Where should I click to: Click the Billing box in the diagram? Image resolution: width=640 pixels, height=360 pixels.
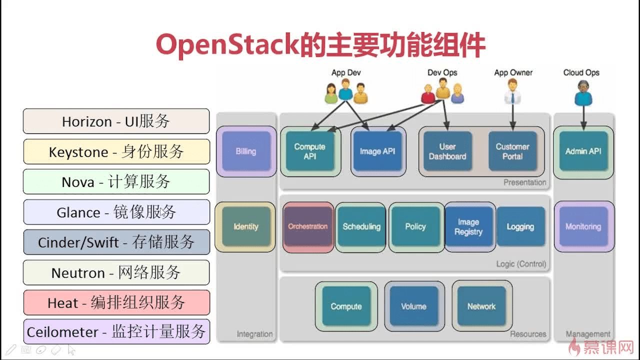(x=245, y=151)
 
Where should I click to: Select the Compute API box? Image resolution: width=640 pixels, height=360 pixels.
(x=309, y=151)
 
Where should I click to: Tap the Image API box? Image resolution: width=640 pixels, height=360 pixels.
(x=377, y=151)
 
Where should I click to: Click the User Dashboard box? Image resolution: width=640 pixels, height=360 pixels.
(x=447, y=151)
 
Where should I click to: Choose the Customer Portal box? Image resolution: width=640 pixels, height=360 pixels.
(x=512, y=151)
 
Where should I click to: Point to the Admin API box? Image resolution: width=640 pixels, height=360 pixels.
(x=583, y=151)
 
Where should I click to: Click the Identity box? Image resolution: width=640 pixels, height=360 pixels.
(x=245, y=226)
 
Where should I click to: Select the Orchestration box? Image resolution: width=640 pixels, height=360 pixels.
(x=308, y=226)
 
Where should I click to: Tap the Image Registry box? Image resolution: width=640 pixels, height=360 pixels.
(x=468, y=226)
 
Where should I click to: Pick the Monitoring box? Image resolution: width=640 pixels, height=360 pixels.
(x=583, y=226)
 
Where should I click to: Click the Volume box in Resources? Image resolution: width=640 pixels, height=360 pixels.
(x=413, y=306)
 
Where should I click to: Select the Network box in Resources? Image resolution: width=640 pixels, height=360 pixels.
(x=481, y=306)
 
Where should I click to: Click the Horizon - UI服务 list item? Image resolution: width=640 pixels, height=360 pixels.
(x=116, y=121)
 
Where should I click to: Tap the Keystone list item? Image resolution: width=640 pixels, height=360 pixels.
(x=116, y=152)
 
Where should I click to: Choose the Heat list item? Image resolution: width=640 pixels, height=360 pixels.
(x=116, y=302)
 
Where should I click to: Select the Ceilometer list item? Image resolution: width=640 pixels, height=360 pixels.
(x=116, y=332)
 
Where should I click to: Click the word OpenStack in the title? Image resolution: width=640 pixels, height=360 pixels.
(x=227, y=45)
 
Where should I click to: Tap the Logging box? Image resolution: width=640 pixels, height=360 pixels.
(x=520, y=226)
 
